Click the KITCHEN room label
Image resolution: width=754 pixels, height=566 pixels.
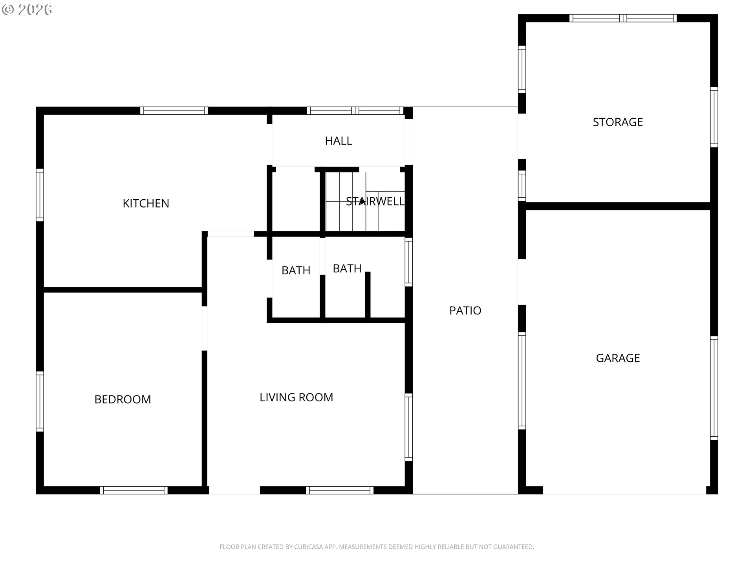click(146, 203)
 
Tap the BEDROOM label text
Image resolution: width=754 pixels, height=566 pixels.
click(123, 399)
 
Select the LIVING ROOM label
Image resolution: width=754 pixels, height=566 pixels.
click(296, 397)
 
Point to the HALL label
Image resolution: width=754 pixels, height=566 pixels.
click(338, 141)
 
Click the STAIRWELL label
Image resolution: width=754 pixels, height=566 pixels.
click(375, 201)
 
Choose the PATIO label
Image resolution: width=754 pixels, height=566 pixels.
click(465, 311)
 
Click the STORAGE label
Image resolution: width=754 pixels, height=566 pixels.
click(618, 122)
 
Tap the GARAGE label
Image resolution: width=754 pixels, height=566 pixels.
click(618, 358)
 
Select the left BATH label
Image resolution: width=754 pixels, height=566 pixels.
click(296, 270)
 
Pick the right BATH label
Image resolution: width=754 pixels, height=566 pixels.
click(347, 268)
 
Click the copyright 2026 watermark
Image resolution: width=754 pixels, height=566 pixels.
click(27, 10)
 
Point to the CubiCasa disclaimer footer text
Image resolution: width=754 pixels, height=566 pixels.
click(377, 547)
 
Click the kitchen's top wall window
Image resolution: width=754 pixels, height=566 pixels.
click(174, 111)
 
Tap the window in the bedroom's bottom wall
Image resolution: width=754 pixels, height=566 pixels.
click(134, 490)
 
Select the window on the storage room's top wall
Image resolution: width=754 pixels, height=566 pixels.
click(623, 18)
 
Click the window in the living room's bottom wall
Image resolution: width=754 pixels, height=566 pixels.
click(340, 490)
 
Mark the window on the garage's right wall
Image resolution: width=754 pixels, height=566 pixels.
click(714, 388)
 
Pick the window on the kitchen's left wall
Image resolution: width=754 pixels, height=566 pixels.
click(40, 195)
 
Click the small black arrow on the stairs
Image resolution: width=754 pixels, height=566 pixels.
click(362, 201)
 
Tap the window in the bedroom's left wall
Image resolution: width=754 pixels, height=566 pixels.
click(40, 401)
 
